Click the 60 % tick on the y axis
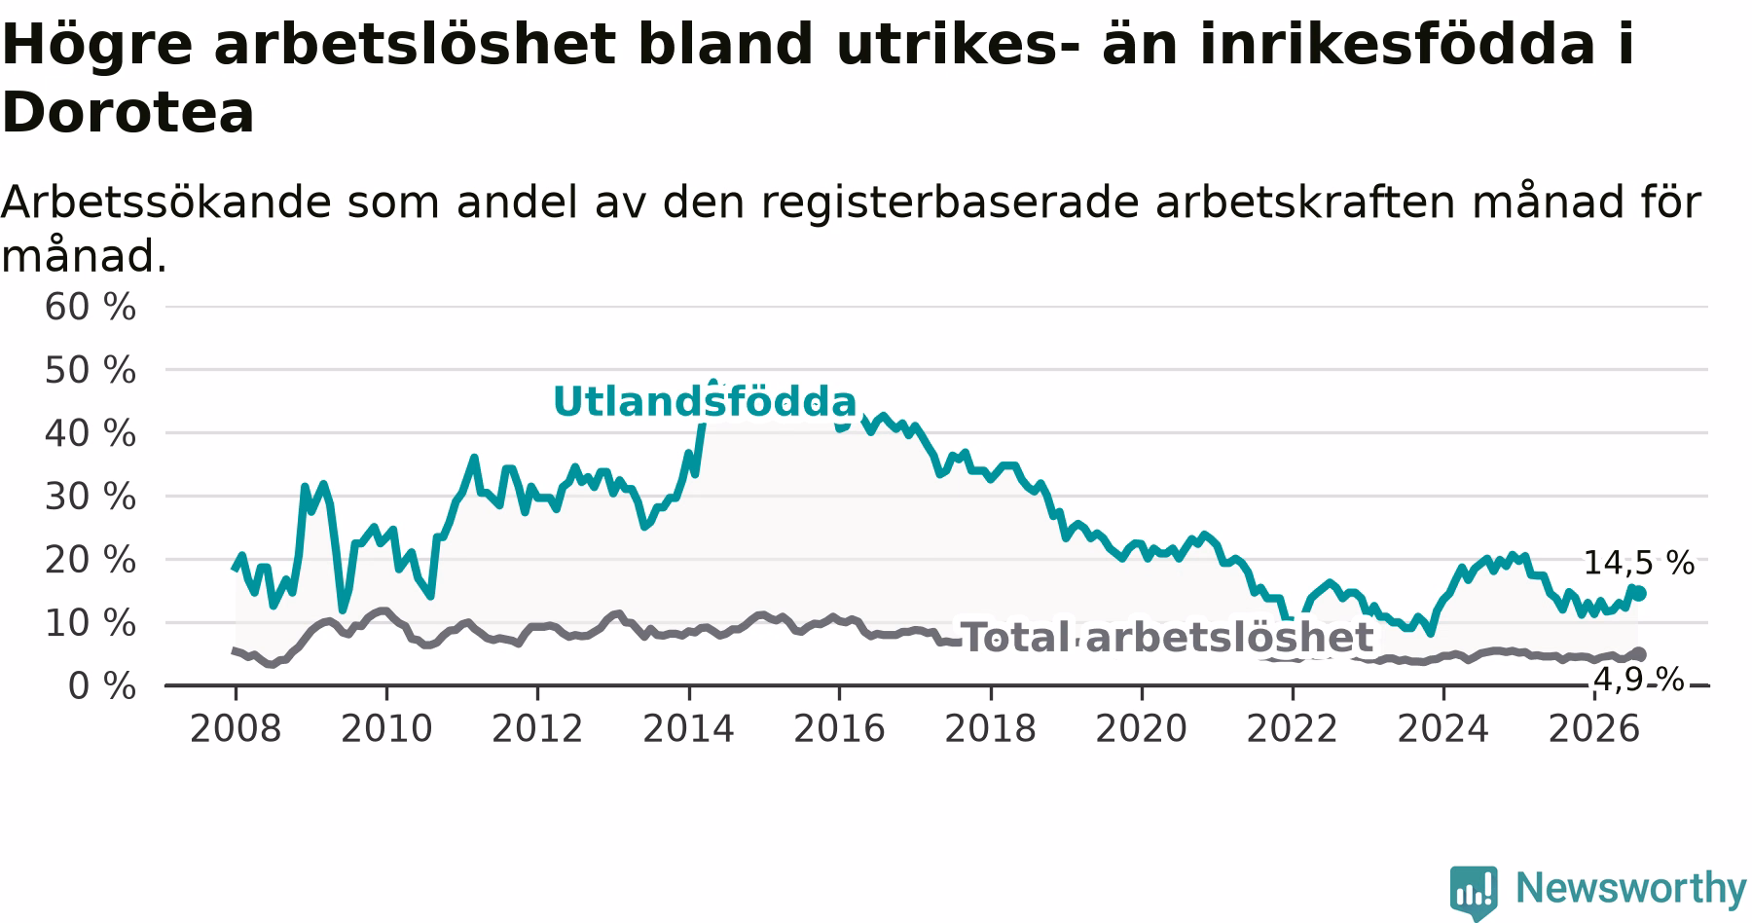[x=90, y=308]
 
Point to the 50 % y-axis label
[x=90, y=371]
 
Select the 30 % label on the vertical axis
[x=90, y=498]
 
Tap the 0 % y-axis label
[x=101, y=686]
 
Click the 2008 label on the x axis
[x=236, y=729]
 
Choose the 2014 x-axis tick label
[x=688, y=729]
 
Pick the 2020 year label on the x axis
[x=1142, y=729]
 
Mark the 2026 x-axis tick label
[x=1594, y=729]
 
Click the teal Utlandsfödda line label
[x=705, y=401]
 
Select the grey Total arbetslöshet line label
[x=1167, y=638]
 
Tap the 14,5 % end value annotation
[x=1638, y=563]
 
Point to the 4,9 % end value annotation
[x=1638, y=680]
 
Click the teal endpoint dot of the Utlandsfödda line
[x=1639, y=593]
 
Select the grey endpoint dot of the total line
[x=1639, y=654]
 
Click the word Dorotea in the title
[x=128, y=113]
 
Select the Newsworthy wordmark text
[x=1631, y=888]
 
